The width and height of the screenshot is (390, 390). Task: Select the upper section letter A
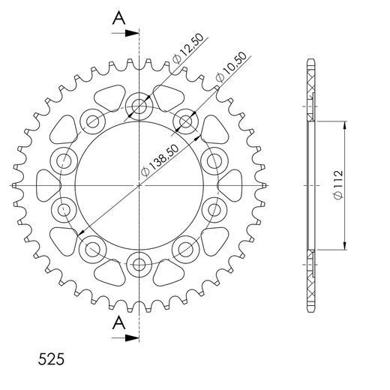[117, 19]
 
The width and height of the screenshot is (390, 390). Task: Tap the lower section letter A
[117, 323]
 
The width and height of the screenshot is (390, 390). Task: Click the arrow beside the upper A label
[131, 33]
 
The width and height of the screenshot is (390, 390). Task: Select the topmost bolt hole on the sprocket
[139, 106]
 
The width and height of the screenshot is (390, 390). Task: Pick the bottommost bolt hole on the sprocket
[139, 263]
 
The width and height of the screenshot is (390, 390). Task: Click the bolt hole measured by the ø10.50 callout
[185, 121]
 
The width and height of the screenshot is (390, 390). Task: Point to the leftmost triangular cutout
[46, 184]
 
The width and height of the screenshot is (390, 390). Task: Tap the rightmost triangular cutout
[232, 184]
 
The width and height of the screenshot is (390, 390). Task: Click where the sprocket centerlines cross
[139, 184]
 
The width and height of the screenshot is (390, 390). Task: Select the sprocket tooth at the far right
[265, 184]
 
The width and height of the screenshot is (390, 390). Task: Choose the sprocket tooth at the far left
[14, 184]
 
